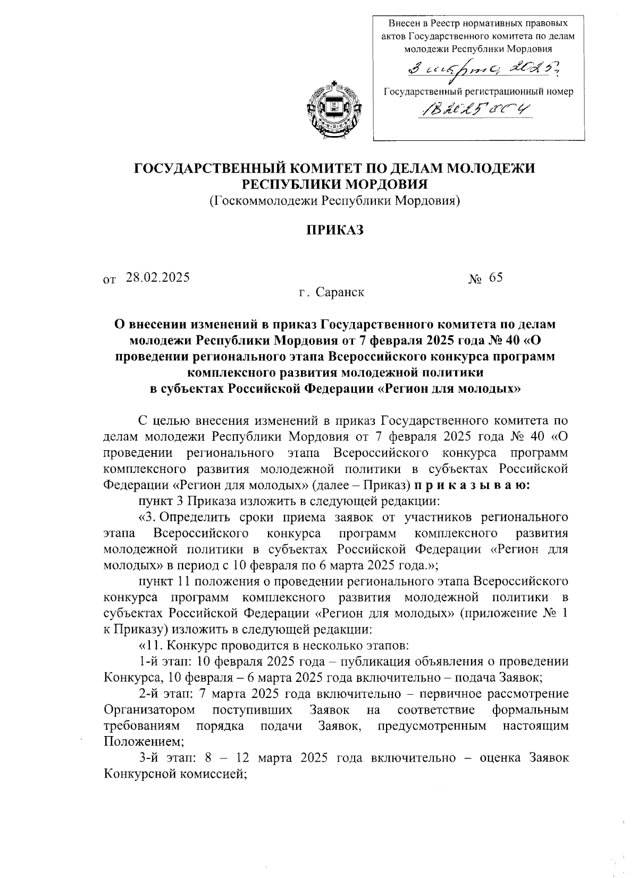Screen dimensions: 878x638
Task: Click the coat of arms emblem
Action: (x=333, y=110)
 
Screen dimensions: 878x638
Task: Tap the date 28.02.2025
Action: (x=158, y=277)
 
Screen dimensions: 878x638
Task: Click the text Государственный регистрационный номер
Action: (x=478, y=91)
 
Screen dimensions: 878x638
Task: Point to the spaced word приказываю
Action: (x=469, y=485)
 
